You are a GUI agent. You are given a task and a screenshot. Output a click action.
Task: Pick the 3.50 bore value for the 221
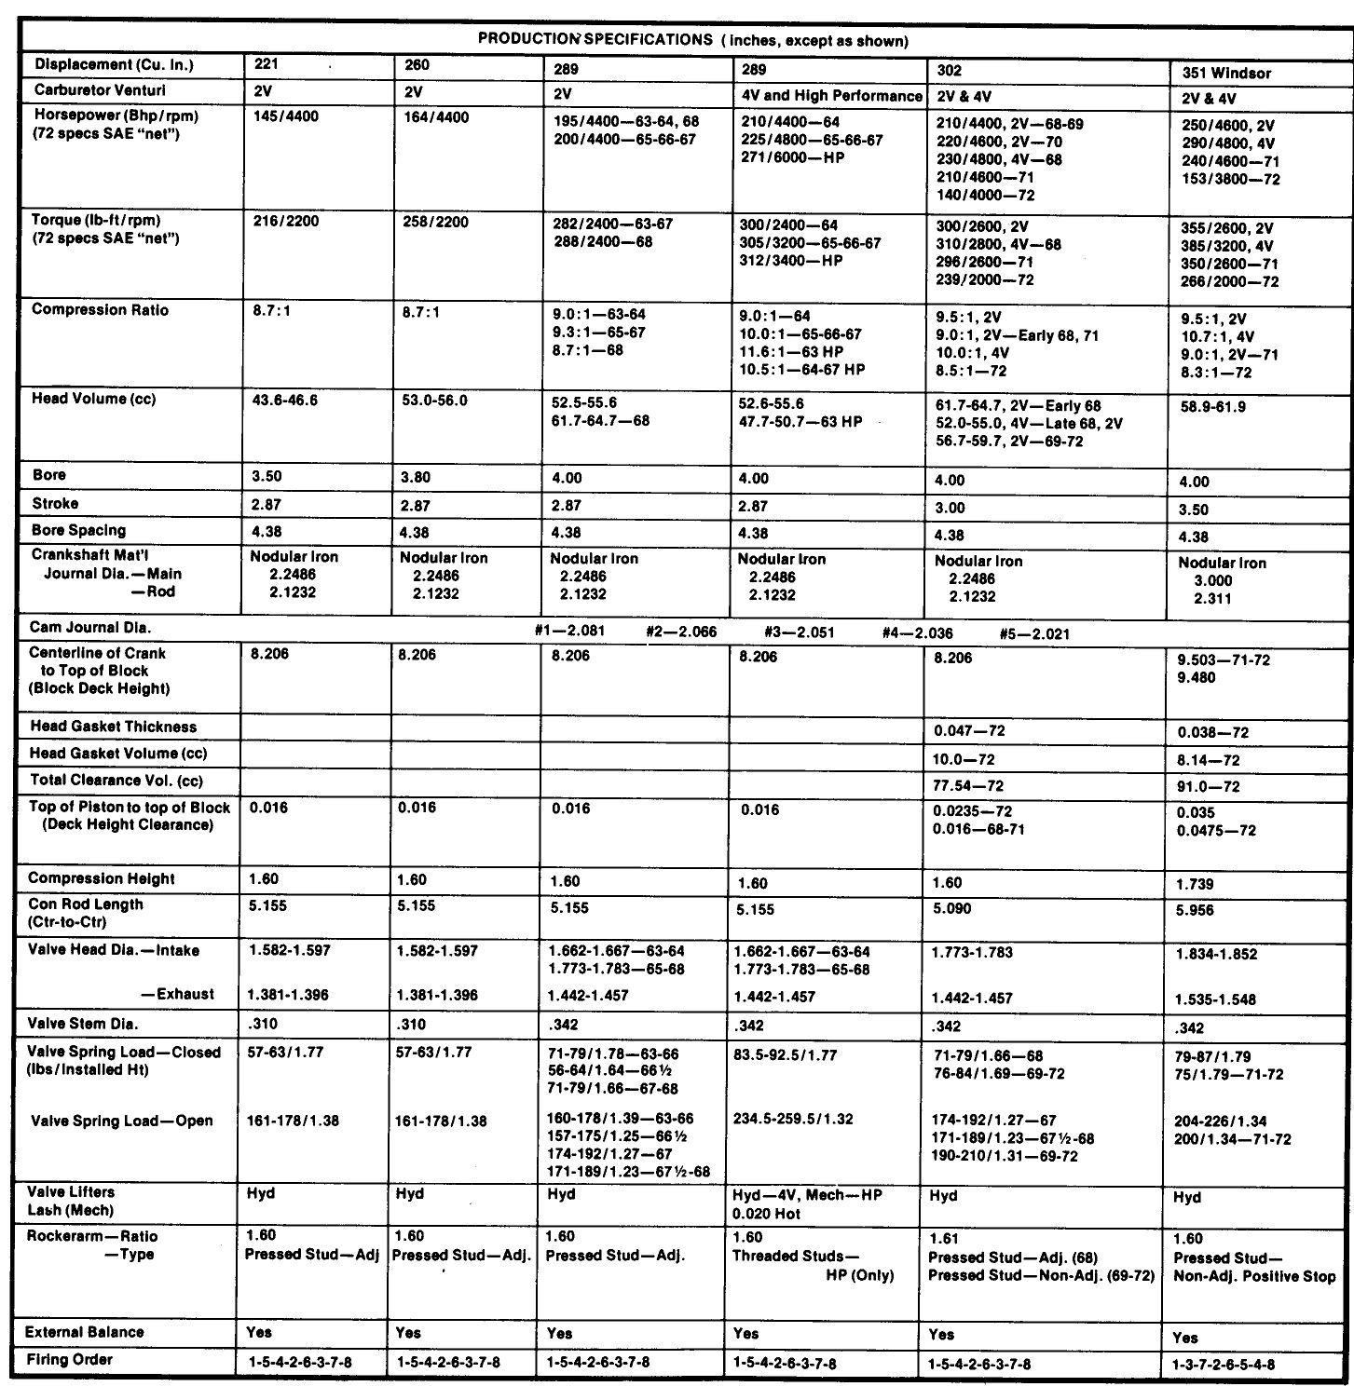click(x=267, y=476)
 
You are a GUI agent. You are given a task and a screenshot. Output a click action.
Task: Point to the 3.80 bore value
click(x=415, y=477)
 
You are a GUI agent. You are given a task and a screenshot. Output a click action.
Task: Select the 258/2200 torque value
click(x=433, y=223)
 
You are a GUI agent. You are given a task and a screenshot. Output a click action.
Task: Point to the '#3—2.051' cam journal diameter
click(x=799, y=632)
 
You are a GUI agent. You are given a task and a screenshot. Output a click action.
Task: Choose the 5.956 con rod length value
click(x=1196, y=910)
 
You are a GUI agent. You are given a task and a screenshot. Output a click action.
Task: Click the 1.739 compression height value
click(x=1196, y=883)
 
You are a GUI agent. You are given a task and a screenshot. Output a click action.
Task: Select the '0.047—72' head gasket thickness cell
click(x=969, y=731)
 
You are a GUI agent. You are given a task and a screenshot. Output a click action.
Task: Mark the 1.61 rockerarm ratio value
click(x=944, y=1239)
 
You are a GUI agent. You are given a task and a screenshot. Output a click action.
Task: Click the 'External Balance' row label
click(x=85, y=1333)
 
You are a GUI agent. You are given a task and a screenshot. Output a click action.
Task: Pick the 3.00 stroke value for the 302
click(x=951, y=509)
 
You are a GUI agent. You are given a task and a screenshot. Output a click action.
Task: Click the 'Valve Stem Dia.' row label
click(x=83, y=1024)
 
